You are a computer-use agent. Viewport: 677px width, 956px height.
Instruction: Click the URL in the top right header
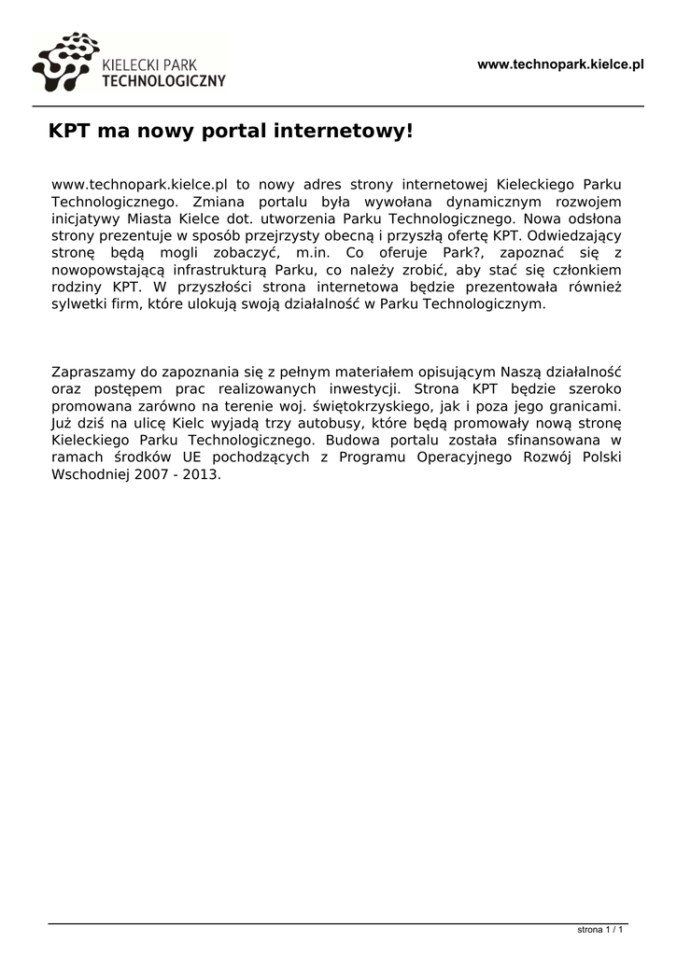[560, 64]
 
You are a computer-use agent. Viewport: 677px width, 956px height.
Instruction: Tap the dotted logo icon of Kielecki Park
[64, 62]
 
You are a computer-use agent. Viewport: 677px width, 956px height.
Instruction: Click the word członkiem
[590, 270]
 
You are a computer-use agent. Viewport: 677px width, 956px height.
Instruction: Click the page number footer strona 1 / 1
[599, 930]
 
